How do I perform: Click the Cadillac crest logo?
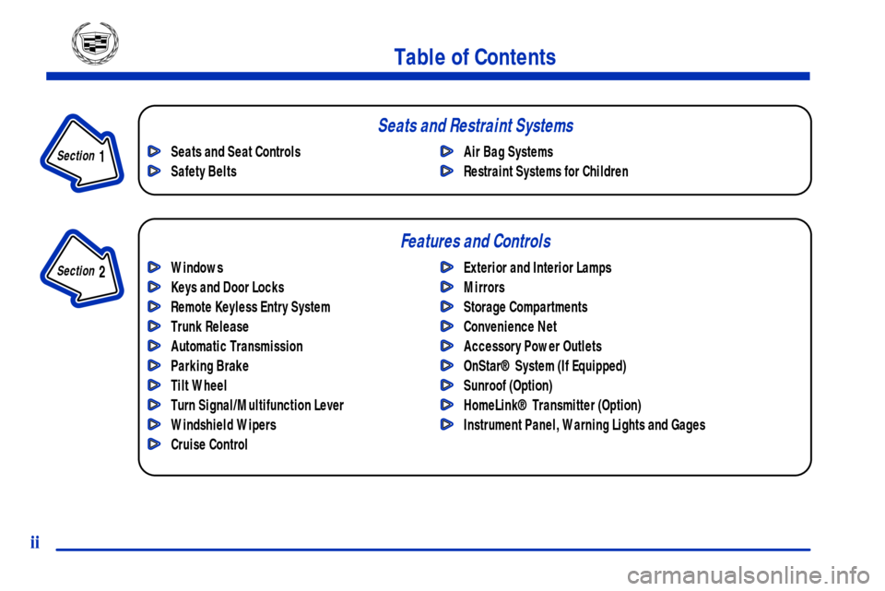coord(95,43)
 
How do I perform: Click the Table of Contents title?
coord(475,57)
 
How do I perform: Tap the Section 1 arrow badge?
coord(82,153)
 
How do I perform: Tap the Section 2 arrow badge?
coord(82,268)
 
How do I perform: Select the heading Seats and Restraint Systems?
coord(476,125)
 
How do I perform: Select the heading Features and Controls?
coord(476,241)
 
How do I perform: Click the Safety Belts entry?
coord(204,171)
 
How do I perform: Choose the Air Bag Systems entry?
coord(508,152)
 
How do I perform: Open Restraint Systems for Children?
coord(546,171)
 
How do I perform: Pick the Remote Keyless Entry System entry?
coord(251,307)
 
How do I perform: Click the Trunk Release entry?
coord(209,326)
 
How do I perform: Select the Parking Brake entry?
coord(209,366)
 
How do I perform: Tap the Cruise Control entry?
coord(209,444)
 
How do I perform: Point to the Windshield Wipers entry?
coord(223,425)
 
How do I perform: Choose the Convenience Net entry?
coord(510,326)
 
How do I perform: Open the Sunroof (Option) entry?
coord(508,385)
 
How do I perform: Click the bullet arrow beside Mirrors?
coord(447,288)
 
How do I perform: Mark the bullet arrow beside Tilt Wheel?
coord(154,385)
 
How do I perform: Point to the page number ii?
coord(35,542)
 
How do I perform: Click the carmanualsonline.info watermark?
coord(748,575)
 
